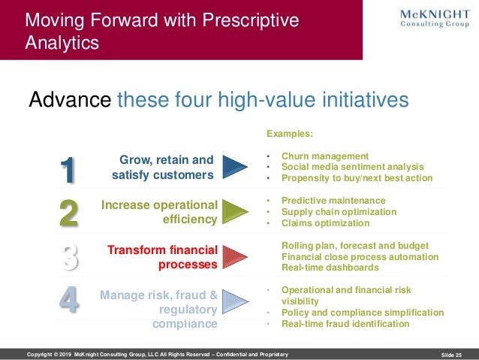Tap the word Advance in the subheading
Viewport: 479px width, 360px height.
pos(70,100)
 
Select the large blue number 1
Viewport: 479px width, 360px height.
pos(68,170)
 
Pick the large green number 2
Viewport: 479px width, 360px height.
pos(68,213)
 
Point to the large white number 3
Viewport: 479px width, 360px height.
pos(68,256)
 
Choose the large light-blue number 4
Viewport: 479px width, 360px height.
pos(68,300)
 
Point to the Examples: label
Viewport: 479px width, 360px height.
pos(290,134)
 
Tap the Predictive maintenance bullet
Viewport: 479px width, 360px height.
pos(333,201)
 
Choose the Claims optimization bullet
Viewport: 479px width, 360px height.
pos(325,223)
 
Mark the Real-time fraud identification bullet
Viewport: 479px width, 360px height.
pos(345,324)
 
